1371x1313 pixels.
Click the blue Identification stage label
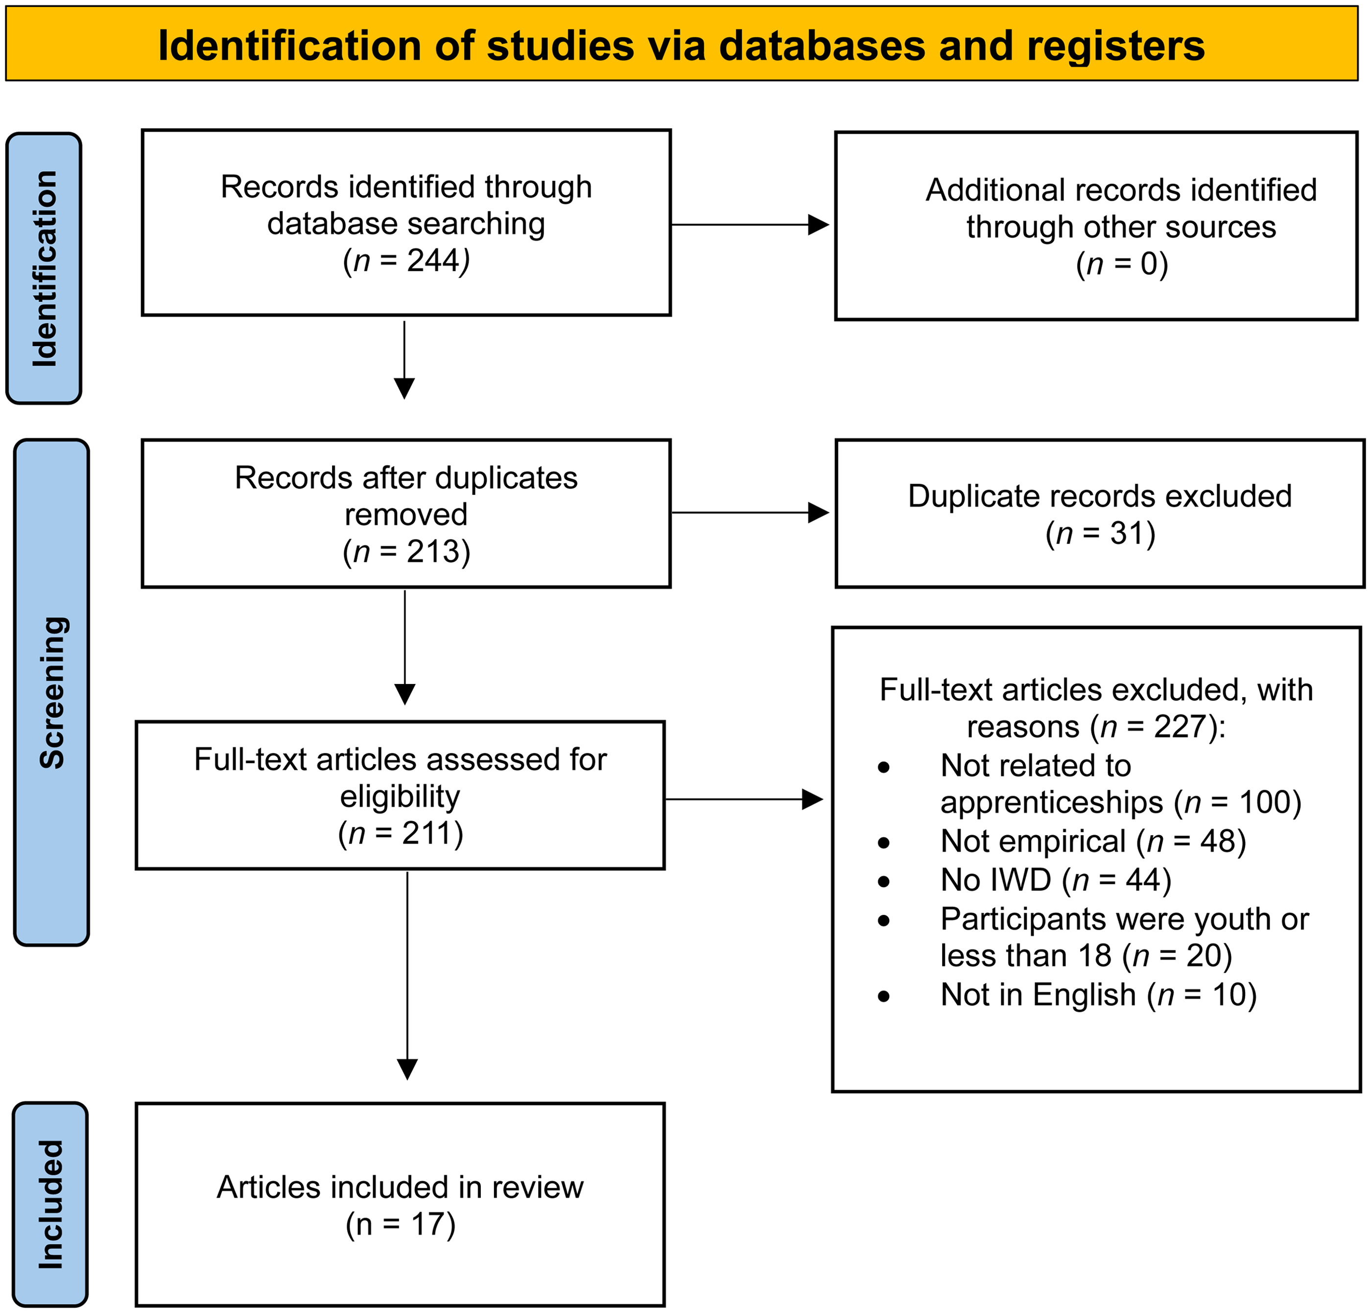pos(44,268)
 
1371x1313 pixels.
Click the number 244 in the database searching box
pos(433,261)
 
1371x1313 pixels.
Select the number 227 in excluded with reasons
pos(1181,727)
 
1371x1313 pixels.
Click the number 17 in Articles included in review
pos(428,1224)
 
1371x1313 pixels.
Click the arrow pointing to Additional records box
pos(750,225)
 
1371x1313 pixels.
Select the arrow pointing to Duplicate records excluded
pos(750,513)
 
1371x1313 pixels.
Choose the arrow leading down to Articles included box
pos(407,975)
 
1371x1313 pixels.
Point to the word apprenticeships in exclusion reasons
pos(1052,803)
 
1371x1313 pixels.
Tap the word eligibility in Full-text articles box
pos(400,797)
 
